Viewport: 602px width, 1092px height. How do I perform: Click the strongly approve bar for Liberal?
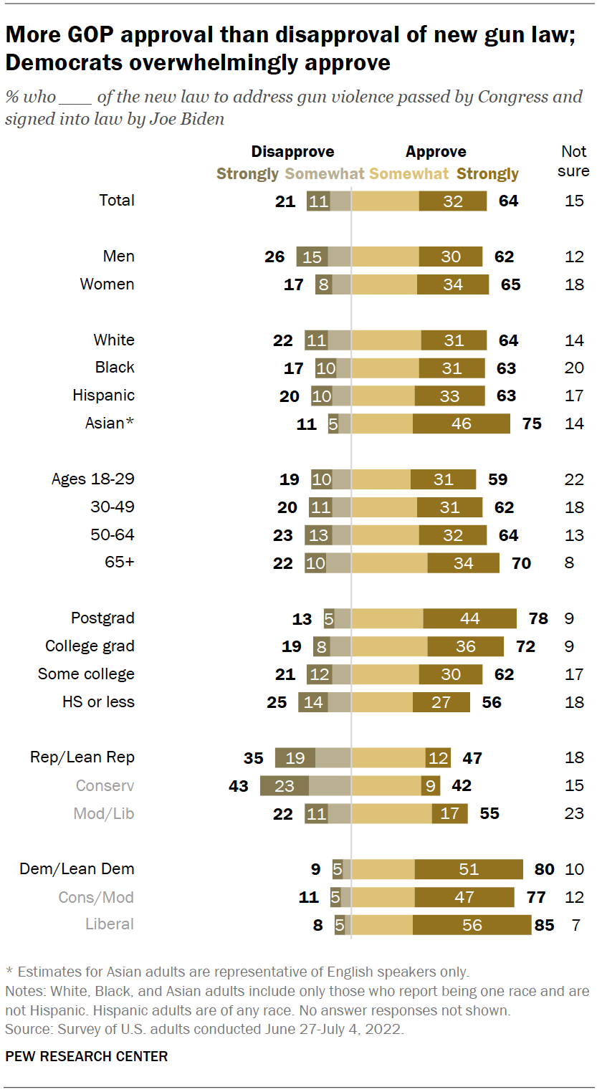click(472, 924)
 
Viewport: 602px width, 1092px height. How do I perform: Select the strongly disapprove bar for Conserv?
click(284, 785)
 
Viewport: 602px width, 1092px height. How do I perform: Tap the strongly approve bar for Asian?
click(461, 423)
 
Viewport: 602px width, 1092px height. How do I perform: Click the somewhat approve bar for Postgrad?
click(387, 618)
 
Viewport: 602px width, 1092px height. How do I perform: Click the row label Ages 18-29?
click(92, 479)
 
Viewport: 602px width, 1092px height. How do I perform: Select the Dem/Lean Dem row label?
click(77, 868)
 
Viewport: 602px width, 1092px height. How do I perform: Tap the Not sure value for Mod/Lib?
click(574, 813)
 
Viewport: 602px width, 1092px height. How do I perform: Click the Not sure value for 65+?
click(569, 562)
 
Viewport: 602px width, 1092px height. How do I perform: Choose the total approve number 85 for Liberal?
click(545, 924)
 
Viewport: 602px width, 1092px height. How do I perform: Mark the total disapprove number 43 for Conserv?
click(238, 785)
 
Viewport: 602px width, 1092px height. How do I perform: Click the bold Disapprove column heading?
click(292, 151)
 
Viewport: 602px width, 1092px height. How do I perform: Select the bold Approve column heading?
click(436, 151)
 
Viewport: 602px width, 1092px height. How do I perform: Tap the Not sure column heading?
click(573, 161)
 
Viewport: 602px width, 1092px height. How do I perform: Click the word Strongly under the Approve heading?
click(487, 173)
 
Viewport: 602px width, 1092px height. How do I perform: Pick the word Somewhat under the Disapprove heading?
click(325, 173)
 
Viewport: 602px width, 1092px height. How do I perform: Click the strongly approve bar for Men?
click(451, 257)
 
